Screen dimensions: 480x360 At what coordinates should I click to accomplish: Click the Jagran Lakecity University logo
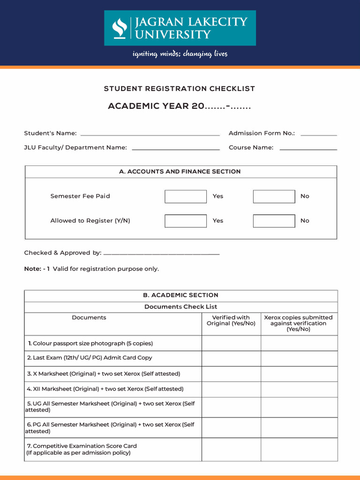pyautogui.click(x=180, y=28)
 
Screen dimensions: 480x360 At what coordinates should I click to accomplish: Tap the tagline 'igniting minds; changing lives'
pyautogui.click(x=180, y=54)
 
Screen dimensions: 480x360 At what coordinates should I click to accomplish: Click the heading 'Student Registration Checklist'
pyautogui.click(x=180, y=89)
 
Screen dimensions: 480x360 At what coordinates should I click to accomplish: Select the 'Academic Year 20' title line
pyautogui.click(x=180, y=106)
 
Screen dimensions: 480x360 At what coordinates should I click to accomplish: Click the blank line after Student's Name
pyautogui.click(x=150, y=134)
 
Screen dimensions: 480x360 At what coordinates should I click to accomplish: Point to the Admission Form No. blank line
pyautogui.click(x=319, y=134)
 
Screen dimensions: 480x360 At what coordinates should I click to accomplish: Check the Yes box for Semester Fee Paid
pyautogui.click(x=186, y=196)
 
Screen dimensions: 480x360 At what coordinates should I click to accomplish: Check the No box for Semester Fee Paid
pyautogui.click(x=274, y=196)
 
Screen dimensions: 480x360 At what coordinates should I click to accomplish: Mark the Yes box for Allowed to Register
pyautogui.click(x=186, y=221)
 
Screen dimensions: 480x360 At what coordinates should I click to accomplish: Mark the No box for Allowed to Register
pyautogui.click(x=274, y=221)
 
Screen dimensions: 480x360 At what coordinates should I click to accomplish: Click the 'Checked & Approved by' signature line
pyautogui.click(x=161, y=254)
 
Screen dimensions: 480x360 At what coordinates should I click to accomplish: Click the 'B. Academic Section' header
pyautogui.click(x=180, y=295)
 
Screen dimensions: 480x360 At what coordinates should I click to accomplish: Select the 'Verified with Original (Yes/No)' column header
pyautogui.click(x=231, y=321)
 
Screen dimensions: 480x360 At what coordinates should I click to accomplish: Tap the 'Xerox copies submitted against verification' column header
pyautogui.click(x=299, y=323)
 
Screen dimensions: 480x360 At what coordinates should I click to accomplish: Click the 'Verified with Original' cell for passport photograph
pyautogui.click(x=231, y=343)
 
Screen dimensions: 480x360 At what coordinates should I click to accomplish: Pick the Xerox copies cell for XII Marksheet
pyautogui.click(x=299, y=389)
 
